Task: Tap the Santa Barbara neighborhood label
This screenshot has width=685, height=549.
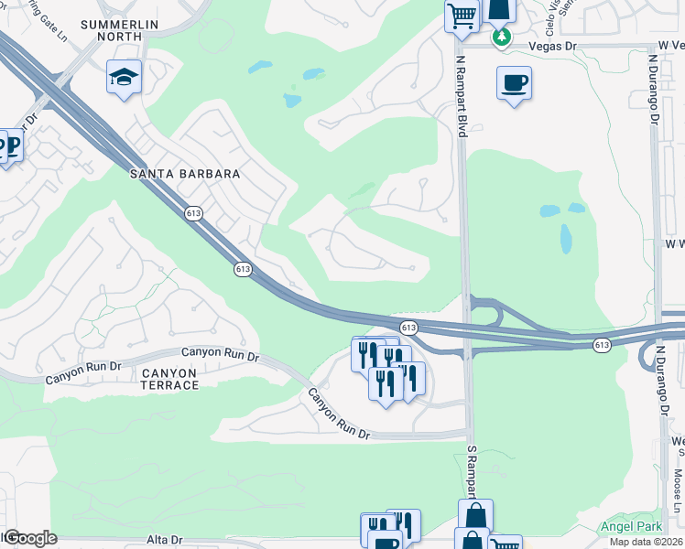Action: point(185,173)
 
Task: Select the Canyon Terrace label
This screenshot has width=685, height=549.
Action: point(170,379)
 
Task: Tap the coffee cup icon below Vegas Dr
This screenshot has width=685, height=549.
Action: point(514,83)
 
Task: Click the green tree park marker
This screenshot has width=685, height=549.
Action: point(501,38)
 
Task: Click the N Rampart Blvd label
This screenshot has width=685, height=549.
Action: point(462,96)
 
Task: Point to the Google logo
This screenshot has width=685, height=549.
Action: point(31,538)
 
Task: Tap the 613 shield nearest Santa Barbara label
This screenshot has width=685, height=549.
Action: point(193,213)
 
